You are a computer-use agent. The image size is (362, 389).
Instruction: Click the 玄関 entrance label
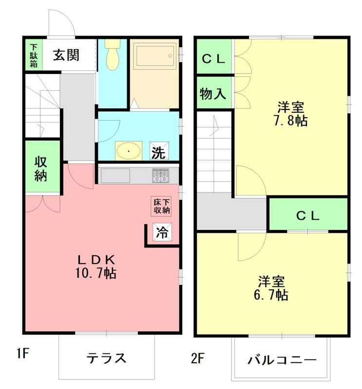(66, 55)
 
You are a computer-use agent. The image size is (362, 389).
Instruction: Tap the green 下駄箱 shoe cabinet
(34, 55)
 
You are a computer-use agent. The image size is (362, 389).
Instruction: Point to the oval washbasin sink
(129, 150)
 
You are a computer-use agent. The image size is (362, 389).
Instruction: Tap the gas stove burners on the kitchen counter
(160, 176)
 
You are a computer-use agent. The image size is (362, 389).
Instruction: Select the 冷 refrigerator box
(162, 232)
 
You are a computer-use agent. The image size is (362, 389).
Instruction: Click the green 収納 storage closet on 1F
(42, 168)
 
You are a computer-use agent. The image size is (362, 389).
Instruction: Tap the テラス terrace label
(107, 358)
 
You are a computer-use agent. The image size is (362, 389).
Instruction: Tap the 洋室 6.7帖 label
(272, 288)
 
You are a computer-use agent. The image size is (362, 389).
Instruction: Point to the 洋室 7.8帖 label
(292, 113)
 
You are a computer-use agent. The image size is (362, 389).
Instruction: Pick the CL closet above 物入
(213, 59)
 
